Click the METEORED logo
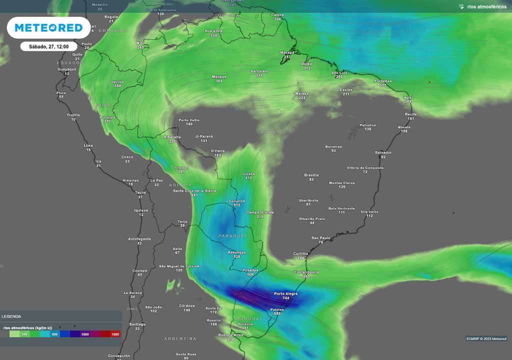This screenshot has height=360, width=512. [48, 28]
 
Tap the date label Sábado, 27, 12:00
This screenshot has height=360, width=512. [48, 46]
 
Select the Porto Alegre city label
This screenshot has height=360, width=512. [286, 293]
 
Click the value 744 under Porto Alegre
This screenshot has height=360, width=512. [286, 298]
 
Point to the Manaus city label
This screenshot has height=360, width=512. [219, 76]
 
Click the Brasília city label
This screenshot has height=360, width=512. [311, 175]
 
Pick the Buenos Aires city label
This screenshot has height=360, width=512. [230, 334]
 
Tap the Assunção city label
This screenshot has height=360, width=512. [237, 252]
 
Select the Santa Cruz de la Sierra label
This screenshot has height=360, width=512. [194, 190]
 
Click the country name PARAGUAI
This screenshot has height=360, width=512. [232, 235]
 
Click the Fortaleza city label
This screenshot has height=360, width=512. [383, 81]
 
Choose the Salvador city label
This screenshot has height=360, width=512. [383, 152]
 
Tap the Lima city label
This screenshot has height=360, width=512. [88, 145]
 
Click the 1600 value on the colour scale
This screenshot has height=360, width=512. [115, 334]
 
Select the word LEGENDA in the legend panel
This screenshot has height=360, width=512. [11, 316]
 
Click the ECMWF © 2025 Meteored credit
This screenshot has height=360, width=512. [486, 338]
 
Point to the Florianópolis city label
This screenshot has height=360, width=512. [306, 272]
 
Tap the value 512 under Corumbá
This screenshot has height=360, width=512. [237, 205]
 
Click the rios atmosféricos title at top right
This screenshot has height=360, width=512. [486, 6]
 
